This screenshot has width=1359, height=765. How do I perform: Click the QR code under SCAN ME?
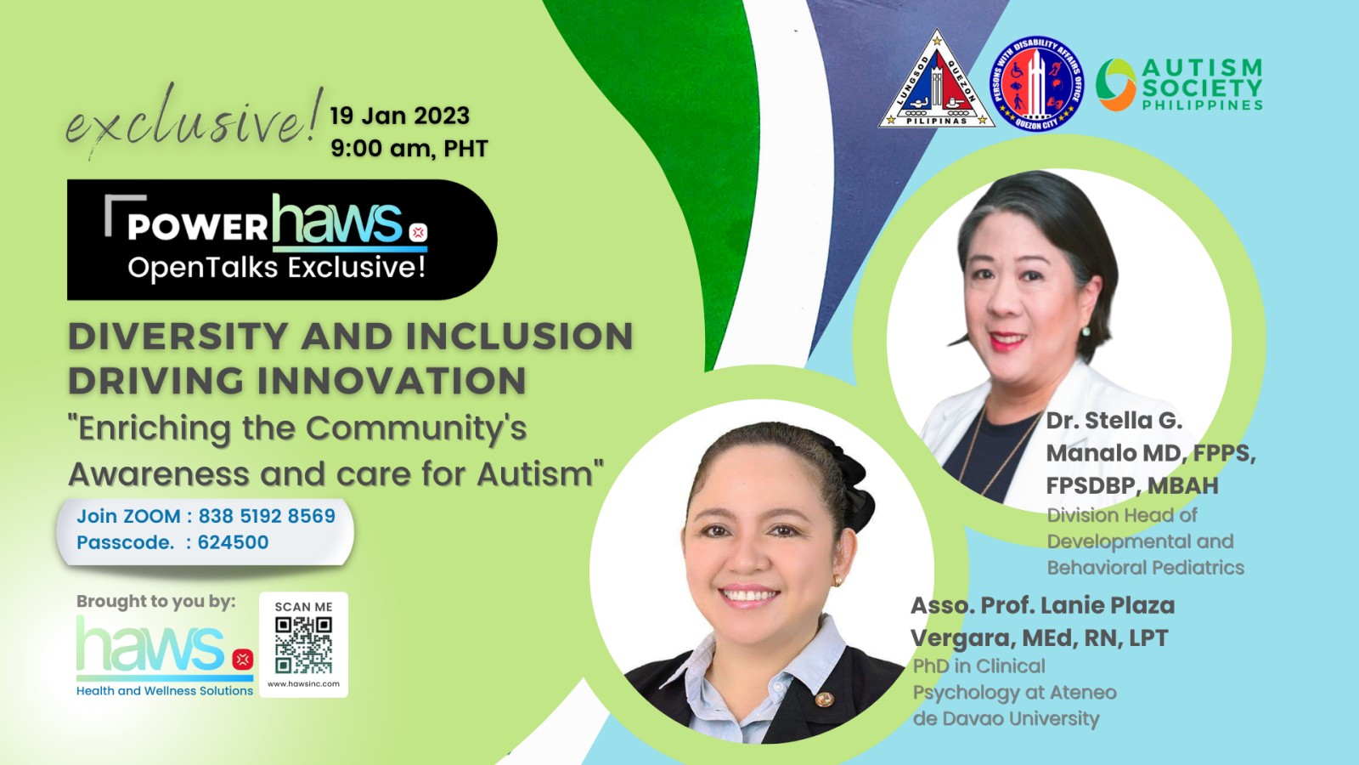pyautogui.click(x=303, y=645)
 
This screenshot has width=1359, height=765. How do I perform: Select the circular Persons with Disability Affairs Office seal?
pyautogui.click(x=1037, y=83)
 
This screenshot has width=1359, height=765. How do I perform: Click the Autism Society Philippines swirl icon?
pyautogui.click(x=1115, y=84)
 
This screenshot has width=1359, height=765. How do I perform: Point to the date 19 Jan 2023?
pyautogui.click(x=400, y=116)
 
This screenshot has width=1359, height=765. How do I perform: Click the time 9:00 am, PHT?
pyautogui.click(x=409, y=148)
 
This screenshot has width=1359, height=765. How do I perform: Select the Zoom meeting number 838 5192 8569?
pyautogui.click(x=267, y=515)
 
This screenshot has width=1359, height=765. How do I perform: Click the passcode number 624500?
pyautogui.click(x=233, y=541)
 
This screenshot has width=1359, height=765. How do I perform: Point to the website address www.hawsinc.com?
pyautogui.click(x=303, y=683)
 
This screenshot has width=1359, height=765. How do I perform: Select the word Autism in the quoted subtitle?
pyautogui.click(x=534, y=473)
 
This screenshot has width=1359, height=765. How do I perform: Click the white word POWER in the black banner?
pyautogui.click(x=198, y=226)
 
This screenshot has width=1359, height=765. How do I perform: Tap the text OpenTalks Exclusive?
pyautogui.click(x=277, y=268)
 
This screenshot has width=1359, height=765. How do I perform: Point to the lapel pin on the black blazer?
pyautogui.click(x=824, y=700)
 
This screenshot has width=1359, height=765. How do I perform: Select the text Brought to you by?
pyautogui.click(x=156, y=601)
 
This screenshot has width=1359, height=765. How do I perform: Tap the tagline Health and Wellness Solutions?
pyautogui.click(x=165, y=690)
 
